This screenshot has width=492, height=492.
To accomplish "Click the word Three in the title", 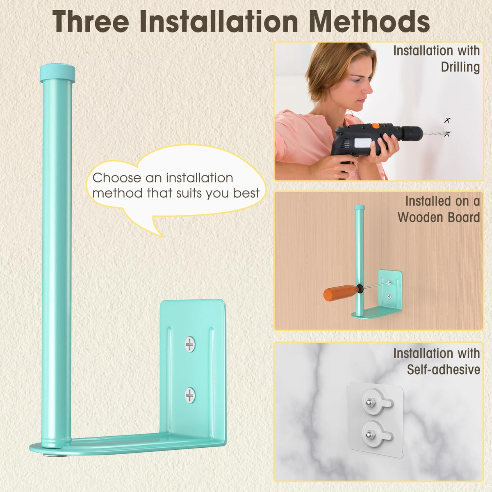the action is [91, 22].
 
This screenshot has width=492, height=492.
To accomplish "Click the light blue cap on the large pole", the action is [57, 73].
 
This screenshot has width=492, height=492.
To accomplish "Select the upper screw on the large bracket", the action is [190, 344].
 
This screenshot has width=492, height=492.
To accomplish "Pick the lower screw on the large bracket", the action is [190, 396].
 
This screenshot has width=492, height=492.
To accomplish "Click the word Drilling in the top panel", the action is [460, 67].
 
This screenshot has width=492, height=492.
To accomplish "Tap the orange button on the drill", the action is [375, 125].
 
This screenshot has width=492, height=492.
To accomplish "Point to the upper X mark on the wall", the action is [447, 120].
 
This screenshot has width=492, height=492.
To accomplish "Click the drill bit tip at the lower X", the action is [446, 134].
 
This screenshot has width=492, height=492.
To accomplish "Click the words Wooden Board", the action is [439, 218].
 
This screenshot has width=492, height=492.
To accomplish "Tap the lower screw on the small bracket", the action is [389, 296].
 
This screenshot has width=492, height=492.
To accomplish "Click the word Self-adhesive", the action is [444, 369].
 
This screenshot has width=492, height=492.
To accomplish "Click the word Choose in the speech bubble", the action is [117, 178].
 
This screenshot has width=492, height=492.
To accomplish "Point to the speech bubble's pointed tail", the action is [162, 236].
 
